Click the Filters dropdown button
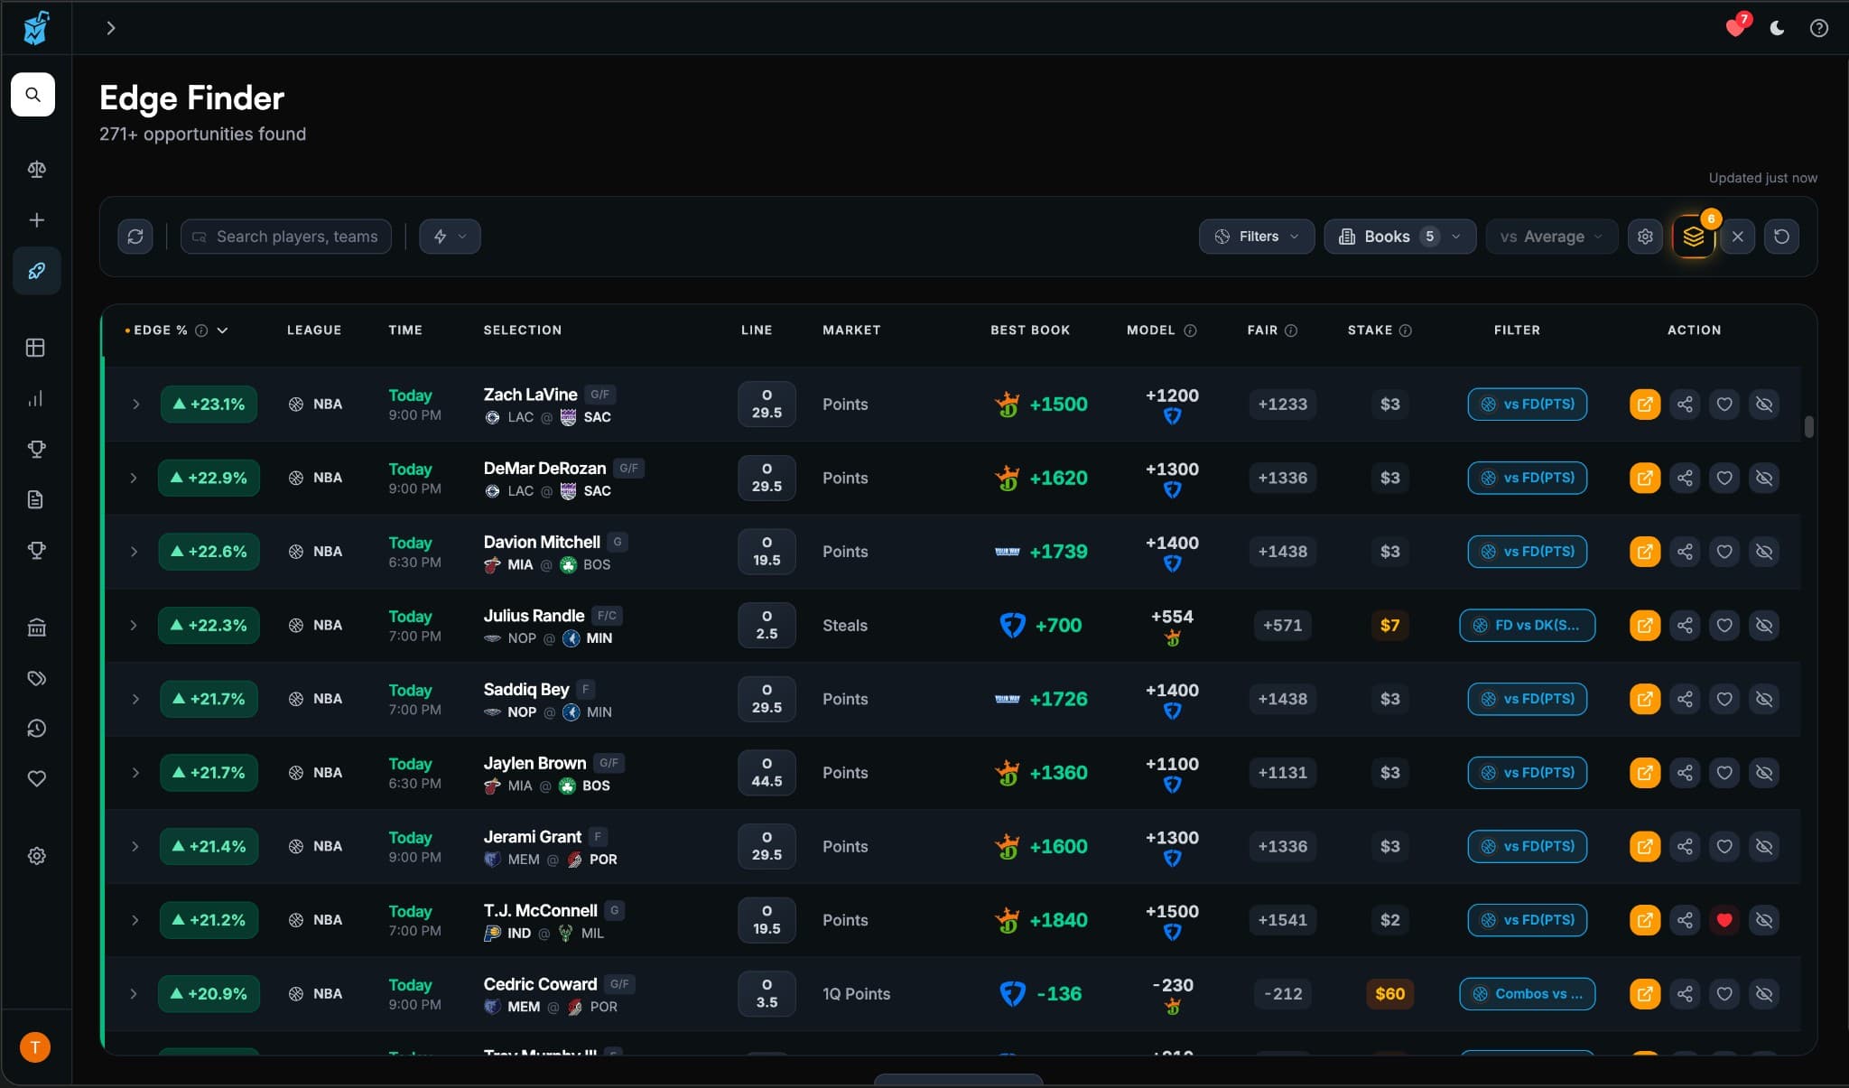(x=1256, y=237)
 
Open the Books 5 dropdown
(x=1399, y=237)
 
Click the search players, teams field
(x=286, y=237)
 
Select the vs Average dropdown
(x=1551, y=237)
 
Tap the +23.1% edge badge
(x=209, y=404)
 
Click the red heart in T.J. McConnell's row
(x=1724, y=920)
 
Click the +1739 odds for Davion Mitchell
(x=1058, y=552)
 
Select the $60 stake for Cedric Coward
(x=1389, y=993)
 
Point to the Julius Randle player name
(x=534, y=616)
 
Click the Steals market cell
(x=844, y=625)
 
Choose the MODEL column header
(x=1151, y=330)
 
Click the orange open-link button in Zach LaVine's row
(x=1644, y=404)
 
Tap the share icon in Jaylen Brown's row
(x=1685, y=773)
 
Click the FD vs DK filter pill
(x=1527, y=625)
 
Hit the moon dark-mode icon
(x=1777, y=28)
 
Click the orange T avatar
(x=35, y=1047)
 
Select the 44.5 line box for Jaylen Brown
(x=767, y=773)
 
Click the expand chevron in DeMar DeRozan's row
(x=134, y=478)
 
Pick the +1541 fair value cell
(x=1282, y=920)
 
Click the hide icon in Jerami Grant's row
(x=1763, y=846)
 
